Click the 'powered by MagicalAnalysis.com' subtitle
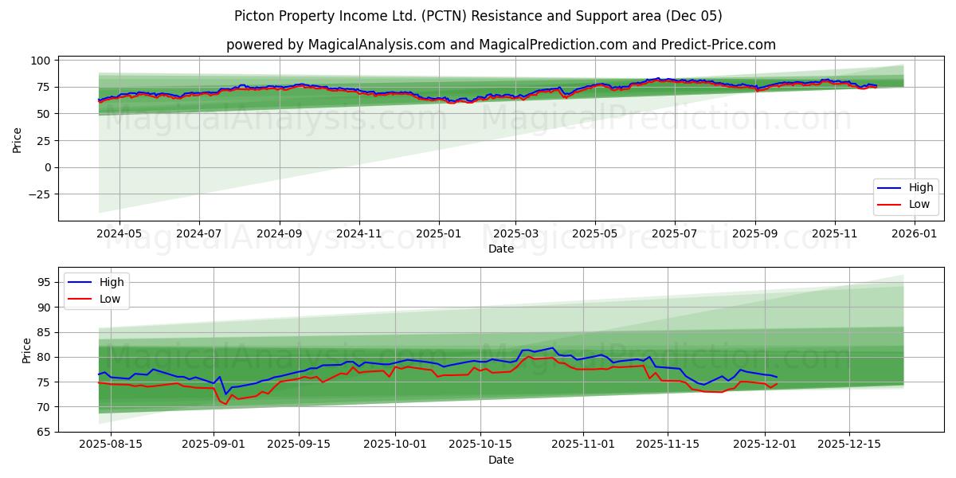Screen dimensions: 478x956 500,45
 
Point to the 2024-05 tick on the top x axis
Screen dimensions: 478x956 119,234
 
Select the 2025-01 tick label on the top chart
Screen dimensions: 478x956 438,234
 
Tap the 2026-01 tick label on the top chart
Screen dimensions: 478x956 914,234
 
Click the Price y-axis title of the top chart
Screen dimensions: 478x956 18,139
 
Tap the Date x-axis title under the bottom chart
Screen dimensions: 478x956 501,460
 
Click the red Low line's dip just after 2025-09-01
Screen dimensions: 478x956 225,403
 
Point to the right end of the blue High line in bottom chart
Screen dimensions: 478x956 777,377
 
